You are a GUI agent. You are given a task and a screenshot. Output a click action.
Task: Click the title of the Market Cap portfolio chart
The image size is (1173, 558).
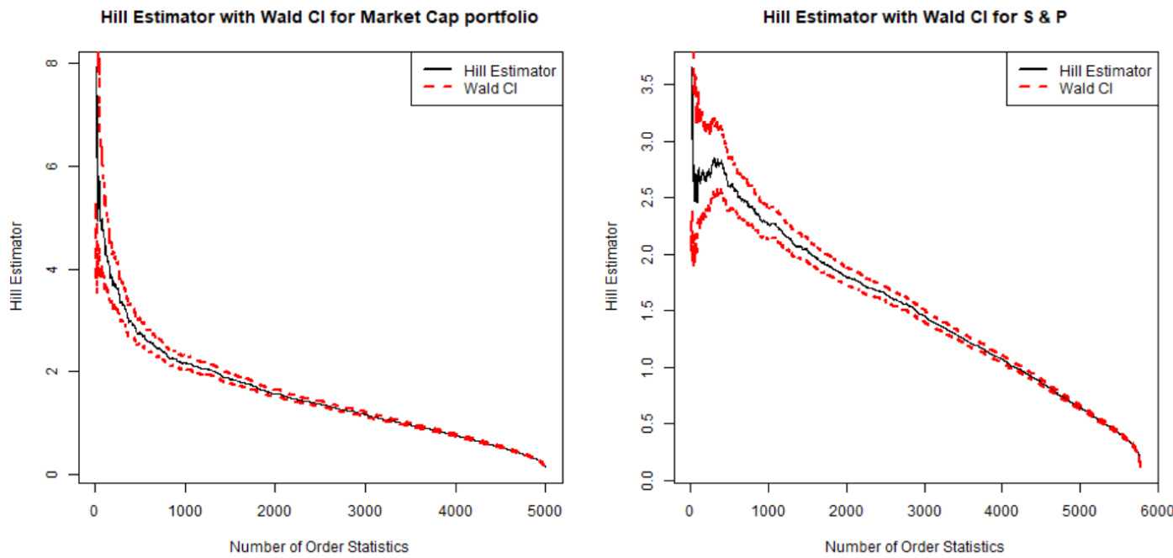319,17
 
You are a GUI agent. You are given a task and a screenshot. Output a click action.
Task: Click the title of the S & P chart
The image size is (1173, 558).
915,17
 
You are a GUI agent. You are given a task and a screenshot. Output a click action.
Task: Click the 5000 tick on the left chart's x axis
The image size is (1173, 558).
545,510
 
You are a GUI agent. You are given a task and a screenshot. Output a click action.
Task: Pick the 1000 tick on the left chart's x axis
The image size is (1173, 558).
185,510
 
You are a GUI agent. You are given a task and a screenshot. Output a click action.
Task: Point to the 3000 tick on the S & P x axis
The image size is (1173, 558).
924,510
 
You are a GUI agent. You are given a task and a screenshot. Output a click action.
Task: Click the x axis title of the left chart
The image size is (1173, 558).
319,546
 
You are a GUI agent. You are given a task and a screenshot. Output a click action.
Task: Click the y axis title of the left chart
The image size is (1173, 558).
18,267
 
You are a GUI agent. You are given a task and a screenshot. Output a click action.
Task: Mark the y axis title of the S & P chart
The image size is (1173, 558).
612,267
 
